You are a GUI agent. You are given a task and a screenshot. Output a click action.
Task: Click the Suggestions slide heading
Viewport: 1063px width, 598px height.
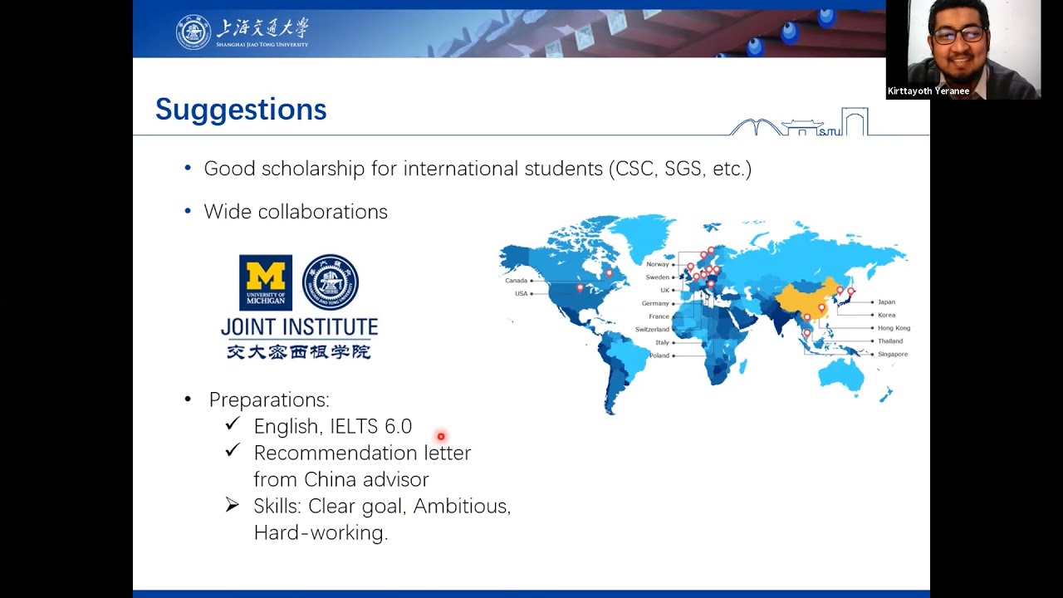coord(241,110)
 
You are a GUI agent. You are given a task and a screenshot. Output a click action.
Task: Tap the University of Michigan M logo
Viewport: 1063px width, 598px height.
coord(266,282)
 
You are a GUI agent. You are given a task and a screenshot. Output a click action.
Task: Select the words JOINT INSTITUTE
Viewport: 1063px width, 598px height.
coord(300,327)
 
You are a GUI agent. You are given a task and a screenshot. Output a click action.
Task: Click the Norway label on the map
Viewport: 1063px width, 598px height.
coord(657,264)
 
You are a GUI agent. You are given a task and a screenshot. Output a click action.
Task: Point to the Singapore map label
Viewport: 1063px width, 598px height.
coord(893,354)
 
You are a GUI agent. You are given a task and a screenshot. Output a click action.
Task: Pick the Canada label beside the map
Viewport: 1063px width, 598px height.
coord(517,281)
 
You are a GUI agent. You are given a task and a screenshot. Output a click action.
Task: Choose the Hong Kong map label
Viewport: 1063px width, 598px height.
coord(894,328)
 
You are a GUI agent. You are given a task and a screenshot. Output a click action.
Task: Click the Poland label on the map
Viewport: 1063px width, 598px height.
coord(659,355)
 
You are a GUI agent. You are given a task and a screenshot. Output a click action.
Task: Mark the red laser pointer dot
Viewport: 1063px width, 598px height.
coord(441,436)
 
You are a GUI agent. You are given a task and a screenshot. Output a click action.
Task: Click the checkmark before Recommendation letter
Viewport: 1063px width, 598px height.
coord(233,449)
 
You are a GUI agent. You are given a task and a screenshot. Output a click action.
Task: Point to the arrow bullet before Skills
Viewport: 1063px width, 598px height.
coord(232,505)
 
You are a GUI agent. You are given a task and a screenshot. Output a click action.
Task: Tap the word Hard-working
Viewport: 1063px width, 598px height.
coord(321,532)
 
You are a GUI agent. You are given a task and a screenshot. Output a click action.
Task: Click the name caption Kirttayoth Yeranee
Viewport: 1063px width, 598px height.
coord(928,91)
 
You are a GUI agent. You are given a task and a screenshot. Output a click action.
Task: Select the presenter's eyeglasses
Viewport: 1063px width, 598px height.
coord(958,34)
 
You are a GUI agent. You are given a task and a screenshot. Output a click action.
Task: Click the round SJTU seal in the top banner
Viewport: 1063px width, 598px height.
coord(193,32)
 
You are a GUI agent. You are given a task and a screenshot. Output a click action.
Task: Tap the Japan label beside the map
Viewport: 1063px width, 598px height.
coord(886,301)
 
